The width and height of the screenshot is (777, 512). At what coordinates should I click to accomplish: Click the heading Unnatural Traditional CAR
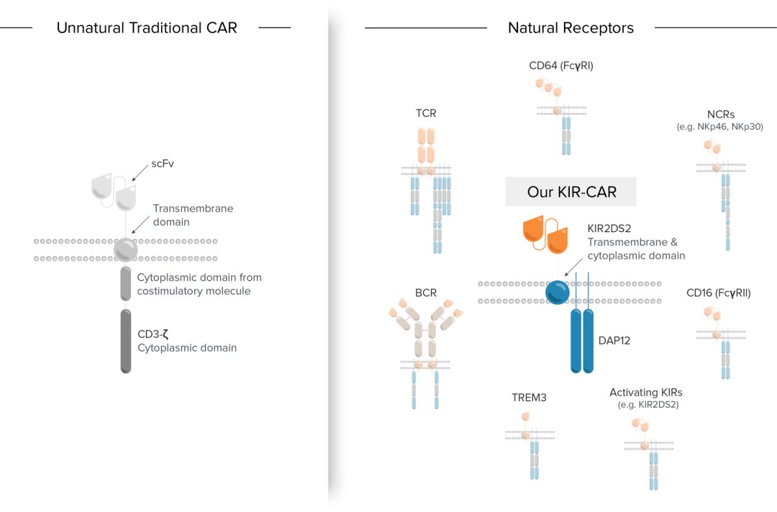click(147, 28)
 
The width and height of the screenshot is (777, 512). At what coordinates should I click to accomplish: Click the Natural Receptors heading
click(571, 28)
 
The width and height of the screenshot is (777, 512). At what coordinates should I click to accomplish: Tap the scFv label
click(163, 163)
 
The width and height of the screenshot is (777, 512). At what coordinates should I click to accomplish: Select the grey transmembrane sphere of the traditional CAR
click(126, 249)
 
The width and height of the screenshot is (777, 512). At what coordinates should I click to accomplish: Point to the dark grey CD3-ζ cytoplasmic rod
click(126, 341)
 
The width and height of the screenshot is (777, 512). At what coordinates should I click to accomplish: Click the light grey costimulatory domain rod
click(126, 283)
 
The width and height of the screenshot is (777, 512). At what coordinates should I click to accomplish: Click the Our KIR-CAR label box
click(571, 192)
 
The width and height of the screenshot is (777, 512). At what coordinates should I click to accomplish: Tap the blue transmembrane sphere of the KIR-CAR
click(558, 292)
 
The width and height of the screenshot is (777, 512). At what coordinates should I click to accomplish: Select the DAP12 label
click(614, 340)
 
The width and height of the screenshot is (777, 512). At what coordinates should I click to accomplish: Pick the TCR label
click(426, 113)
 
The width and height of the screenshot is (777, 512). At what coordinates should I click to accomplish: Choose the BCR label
click(426, 293)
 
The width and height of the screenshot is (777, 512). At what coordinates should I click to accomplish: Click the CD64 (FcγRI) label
click(561, 66)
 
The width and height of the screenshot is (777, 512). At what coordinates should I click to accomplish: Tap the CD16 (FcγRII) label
click(719, 293)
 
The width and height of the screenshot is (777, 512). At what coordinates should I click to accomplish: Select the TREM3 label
click(529, 397)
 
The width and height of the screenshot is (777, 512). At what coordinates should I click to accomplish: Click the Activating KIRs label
click(645, 392)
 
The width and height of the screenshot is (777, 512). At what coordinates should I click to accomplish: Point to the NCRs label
click(719, 114)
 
